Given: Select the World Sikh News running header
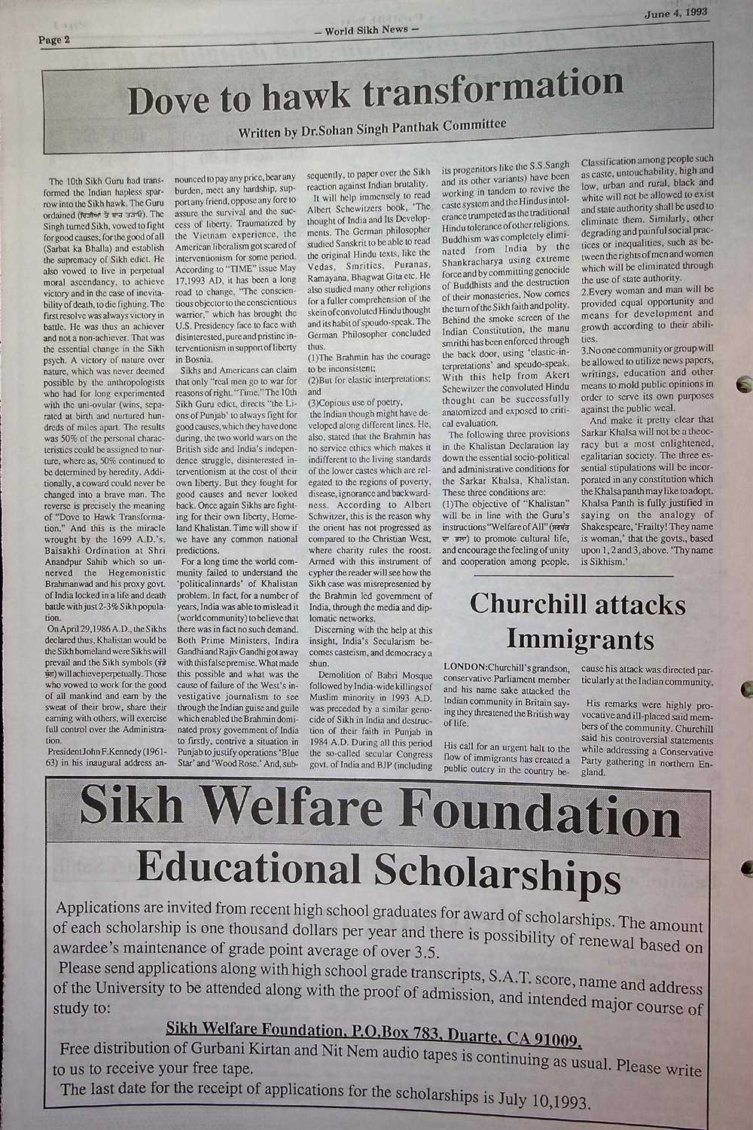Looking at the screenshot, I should [370, 30].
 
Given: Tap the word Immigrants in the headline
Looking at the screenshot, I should [580, 640].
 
